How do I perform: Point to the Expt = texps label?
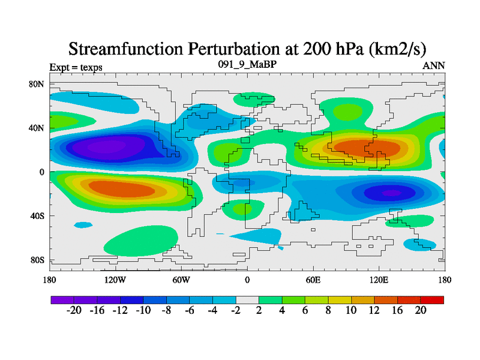76,67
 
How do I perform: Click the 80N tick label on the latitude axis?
37,84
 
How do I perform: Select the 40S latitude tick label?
37,216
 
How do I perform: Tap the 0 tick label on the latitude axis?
42,172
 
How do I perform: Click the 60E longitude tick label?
313,280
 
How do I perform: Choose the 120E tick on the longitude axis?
379,280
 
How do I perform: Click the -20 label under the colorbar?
74,310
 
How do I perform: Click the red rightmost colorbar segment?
432,299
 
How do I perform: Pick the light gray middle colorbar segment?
247,299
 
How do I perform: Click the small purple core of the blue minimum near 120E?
391,193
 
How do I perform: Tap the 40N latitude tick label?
37,128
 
